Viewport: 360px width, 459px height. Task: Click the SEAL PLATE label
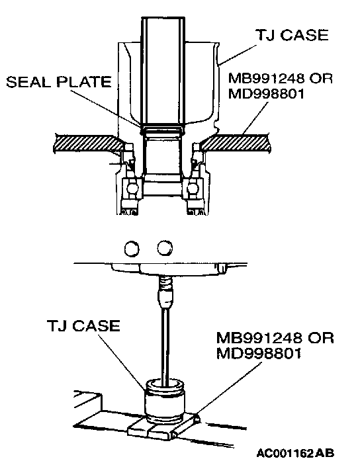click(x=59, y=81)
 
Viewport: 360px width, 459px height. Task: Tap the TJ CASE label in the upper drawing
click(x=292, y=35)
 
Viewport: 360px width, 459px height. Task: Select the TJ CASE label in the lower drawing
click(x=83, y=325)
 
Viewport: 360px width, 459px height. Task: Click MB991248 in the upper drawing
click(x=266, y=79)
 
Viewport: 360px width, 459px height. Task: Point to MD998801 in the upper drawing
click(x=266, y=94)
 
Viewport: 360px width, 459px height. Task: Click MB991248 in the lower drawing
click(x=259, y=338)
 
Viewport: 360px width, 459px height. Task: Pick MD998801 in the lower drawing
click(x=259, y=353)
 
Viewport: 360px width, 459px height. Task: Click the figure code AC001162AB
click(x=295, y=453)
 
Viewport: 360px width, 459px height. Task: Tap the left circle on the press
click(x=132, y=249)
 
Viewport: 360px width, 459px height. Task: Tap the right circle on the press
click(x=165, y=247)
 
